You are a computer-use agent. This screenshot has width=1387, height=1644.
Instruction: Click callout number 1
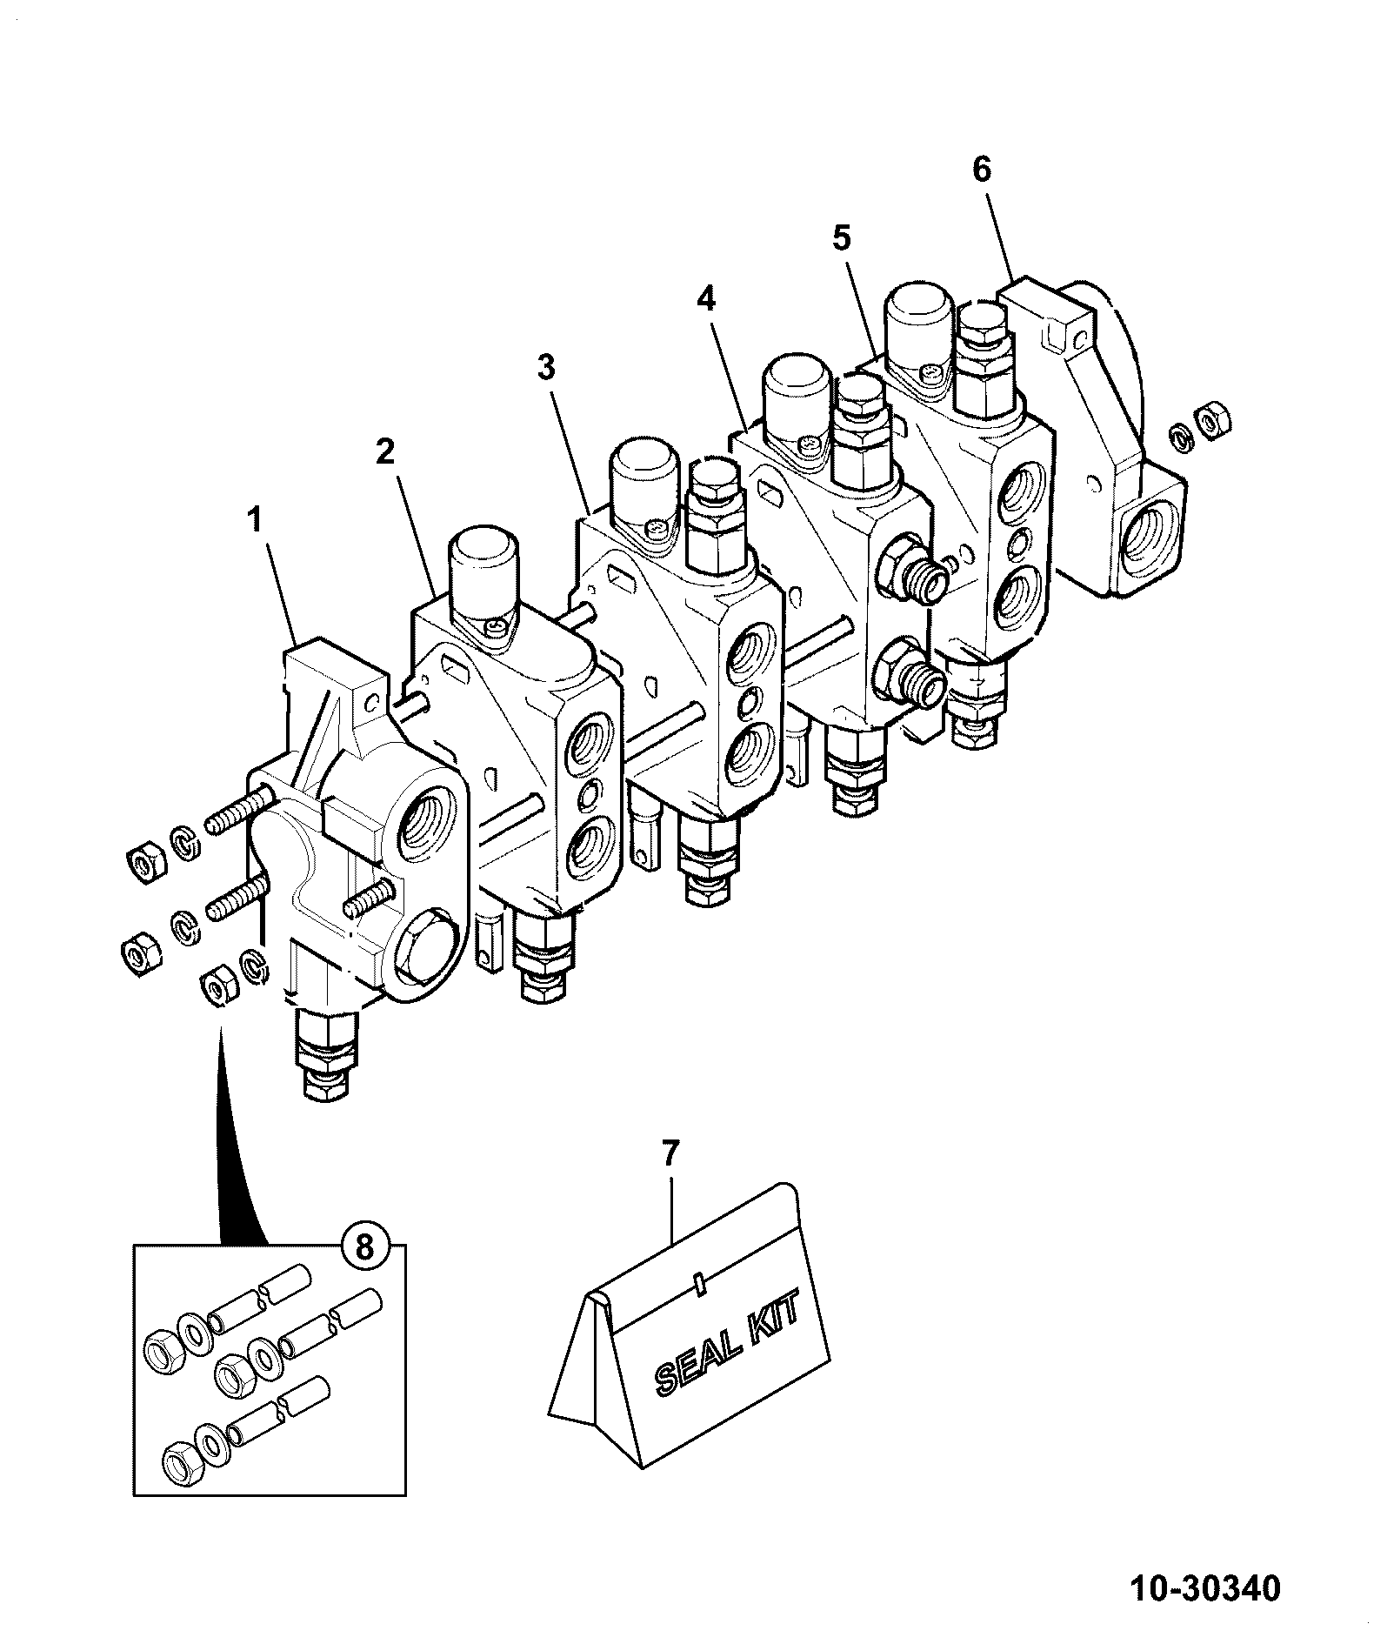tap(255, 522)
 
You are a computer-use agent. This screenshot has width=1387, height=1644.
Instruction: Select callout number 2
tap(384, 451)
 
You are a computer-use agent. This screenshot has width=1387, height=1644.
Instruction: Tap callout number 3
tap(545, 368)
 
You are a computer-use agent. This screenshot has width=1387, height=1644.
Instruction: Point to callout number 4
tap(706, 299)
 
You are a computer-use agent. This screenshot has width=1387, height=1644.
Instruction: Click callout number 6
tap(981, 170)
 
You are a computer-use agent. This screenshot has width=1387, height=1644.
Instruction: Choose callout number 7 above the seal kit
tap(669, 1153)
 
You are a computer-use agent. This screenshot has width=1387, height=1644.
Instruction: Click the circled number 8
tap(364, 1248)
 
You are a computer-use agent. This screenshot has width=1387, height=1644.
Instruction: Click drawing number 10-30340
tap(1205, 1589)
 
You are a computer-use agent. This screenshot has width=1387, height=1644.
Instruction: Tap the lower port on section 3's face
tap(750, 753)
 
